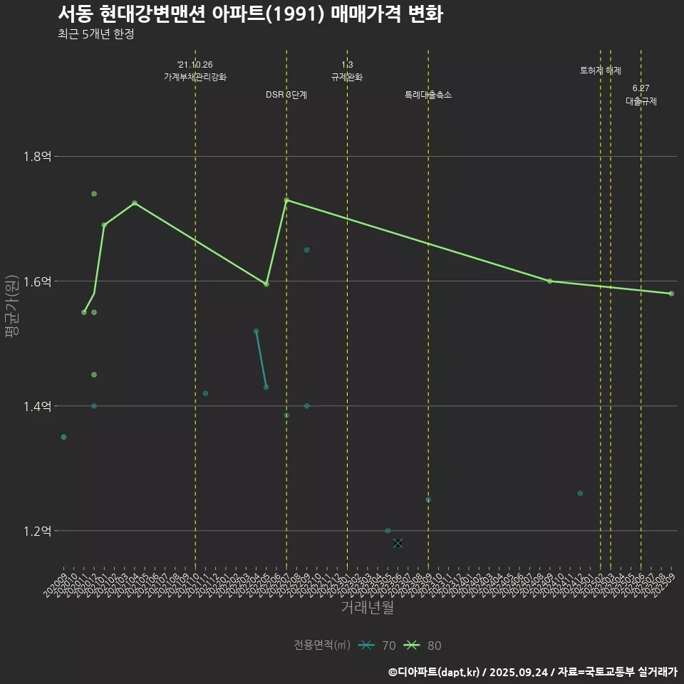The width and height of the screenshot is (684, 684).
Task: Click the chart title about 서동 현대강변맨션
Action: pos(250,14)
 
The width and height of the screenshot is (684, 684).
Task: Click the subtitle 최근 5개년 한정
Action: pos(95,34)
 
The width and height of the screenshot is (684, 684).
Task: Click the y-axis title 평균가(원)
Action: pos(12,306)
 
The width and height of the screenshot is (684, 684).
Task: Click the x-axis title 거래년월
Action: pos(367,608)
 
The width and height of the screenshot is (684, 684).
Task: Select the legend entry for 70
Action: pos(378,646)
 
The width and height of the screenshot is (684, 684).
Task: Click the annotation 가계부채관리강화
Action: pos(195,77)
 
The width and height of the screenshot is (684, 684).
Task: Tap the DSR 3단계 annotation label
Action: pos(286,95)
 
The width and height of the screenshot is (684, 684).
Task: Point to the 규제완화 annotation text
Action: pos(347,77)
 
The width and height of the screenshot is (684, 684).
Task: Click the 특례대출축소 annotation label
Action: pos(428,95)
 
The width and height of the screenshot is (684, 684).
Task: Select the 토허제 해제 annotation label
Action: pos(601,71)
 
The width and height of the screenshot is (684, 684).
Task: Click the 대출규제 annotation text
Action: pos(641,101)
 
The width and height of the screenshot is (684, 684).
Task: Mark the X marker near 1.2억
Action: pos(398,543)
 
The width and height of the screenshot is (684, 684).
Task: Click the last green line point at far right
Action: pos(671,294)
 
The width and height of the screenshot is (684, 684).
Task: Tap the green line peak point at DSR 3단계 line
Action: pos(286,200)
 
